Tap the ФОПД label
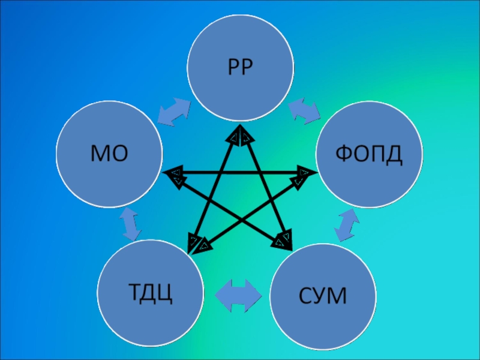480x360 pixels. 368,155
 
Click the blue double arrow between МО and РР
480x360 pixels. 175,110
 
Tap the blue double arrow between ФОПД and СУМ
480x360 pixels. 347,224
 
